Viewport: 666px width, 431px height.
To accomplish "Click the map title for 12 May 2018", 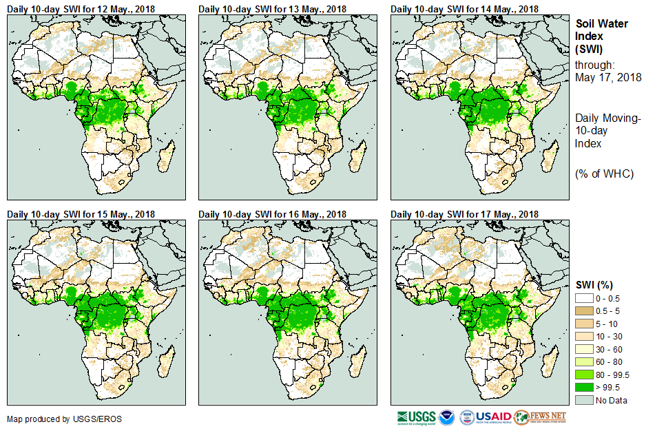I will click(81, 8).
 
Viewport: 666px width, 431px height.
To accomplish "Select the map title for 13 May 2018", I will click(273, 8).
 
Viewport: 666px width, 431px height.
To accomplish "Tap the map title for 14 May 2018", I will click(465, 8).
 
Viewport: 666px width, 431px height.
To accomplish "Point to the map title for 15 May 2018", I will click(81, 214).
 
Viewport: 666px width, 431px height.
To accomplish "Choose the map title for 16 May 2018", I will click(273, 214).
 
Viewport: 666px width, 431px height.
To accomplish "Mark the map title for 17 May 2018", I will click(465, 214).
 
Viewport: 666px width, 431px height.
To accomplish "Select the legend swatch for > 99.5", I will click(585, 388).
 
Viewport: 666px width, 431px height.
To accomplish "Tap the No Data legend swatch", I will click(585, 400).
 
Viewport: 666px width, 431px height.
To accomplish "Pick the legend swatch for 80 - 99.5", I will click(585, 375).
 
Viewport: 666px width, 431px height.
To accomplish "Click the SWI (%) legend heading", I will click(594, 284).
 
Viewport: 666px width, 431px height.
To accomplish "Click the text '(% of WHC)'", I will click(604, 174).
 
